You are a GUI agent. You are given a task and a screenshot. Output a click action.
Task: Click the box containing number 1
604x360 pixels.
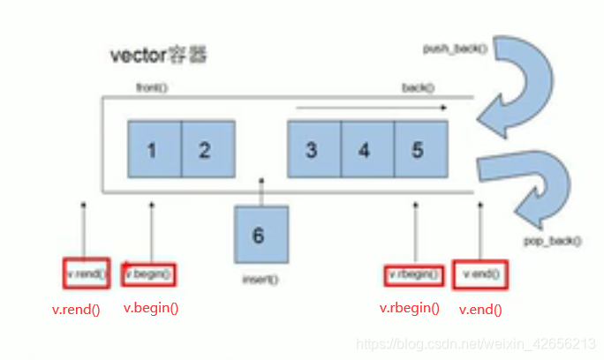(x=154, y=149)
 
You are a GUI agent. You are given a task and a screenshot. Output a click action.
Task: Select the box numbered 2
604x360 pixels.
(x=208, y=149)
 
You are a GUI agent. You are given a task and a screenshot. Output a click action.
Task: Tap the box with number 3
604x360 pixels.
(x=313, y=149)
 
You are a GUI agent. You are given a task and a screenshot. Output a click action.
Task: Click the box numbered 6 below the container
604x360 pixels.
(x=260, y=235)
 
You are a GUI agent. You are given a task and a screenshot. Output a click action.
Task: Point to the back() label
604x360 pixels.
(x=418, y=88)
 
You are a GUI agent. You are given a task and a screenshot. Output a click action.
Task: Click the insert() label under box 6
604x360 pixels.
(x=260, y=280)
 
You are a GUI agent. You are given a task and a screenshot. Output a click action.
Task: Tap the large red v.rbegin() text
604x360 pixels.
(x=410, y=309)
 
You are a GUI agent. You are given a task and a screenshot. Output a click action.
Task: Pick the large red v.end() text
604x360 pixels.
(x=481, y=310)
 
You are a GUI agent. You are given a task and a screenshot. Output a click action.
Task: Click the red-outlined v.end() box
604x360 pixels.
(x=482, y=274)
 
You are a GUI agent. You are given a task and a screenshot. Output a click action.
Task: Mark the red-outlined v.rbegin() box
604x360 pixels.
(x=413, y=274)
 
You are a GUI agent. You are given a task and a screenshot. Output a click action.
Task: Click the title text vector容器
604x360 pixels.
(x=160, y=56)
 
